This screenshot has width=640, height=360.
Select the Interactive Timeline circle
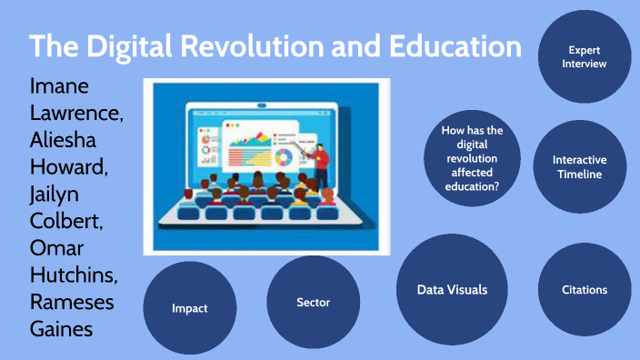pyautogui.click(x=579, y=166)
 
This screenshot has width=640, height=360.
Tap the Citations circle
pyautogui.click(x=585, y=289)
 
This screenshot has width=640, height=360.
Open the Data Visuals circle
pyautogui.click(x=452, y=289)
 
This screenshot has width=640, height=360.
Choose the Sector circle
pyautogui.click(x=313, y=302)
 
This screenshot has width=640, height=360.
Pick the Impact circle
pyautogui.click(x=190, y=307)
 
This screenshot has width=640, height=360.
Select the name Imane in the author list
pyautogui.click(x=61, y=89)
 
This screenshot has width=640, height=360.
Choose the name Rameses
pyautogui.click(x=75, y=302)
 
